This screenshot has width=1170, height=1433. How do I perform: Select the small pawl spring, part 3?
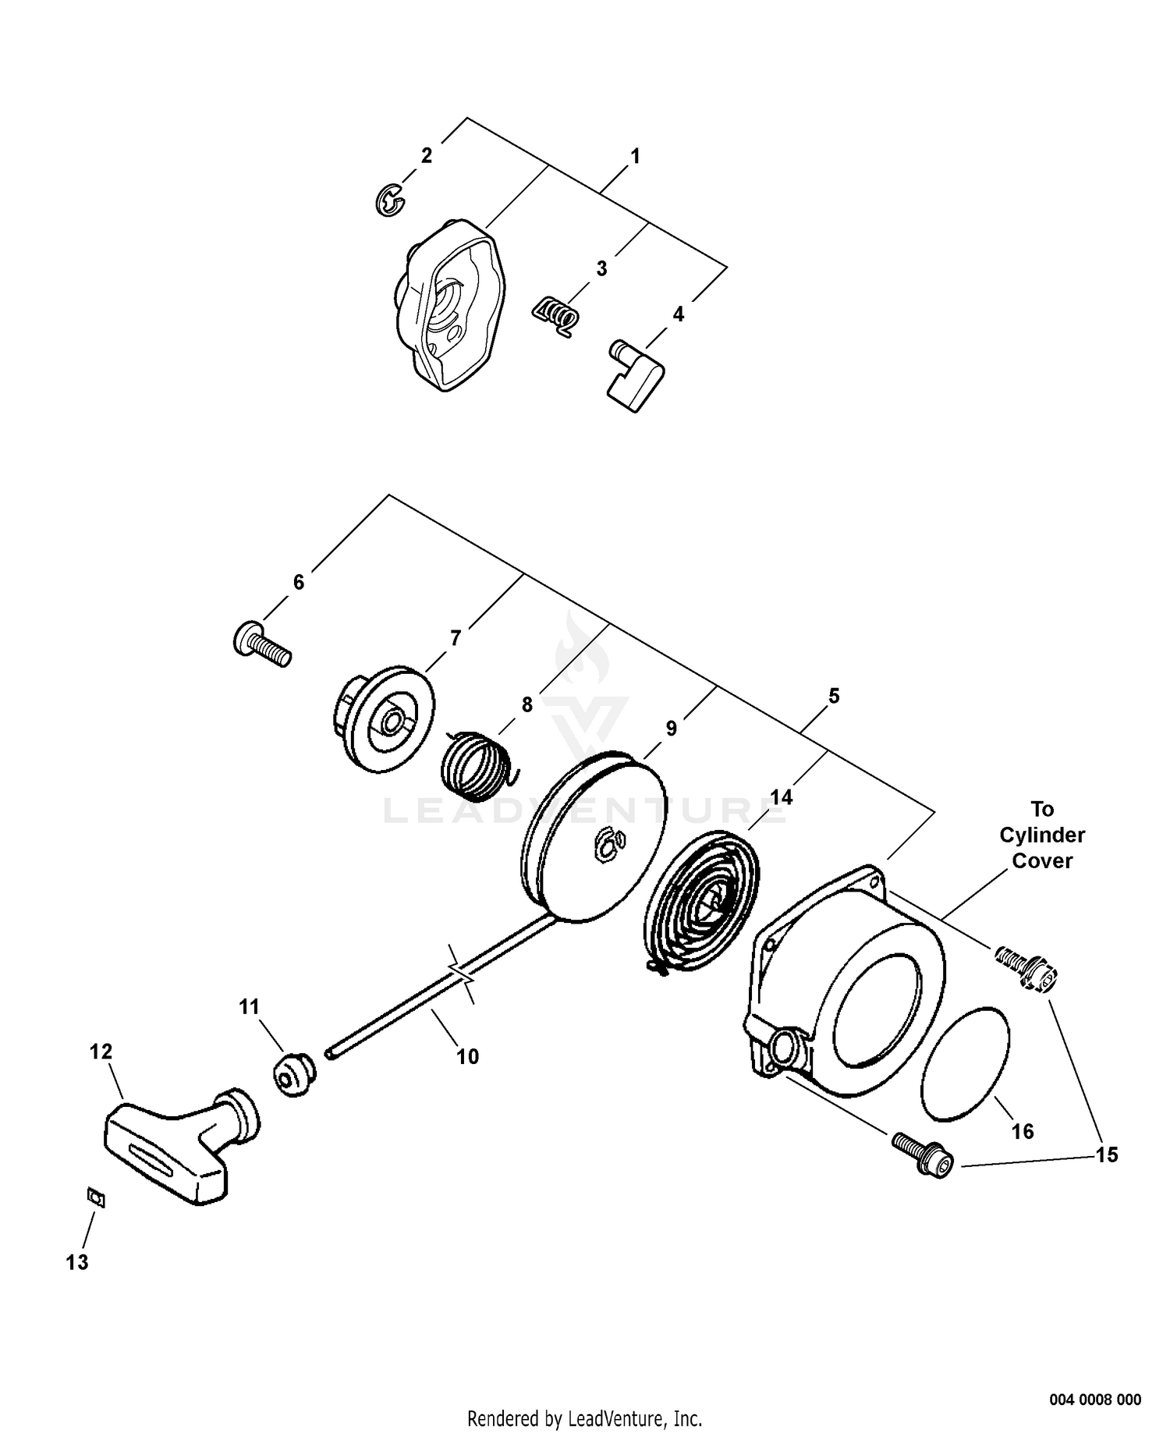click(x=555, y=317)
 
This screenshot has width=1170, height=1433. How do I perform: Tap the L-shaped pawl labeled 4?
click(x=633, y=375)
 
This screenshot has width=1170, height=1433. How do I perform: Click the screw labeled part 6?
click(x=262, y=645)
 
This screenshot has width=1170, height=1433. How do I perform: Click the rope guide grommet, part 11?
click(x=294, y=1074)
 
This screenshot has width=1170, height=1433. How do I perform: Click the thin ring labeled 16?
click(x=966, y=1064)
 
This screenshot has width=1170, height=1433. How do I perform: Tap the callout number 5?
click(x=834, y=696)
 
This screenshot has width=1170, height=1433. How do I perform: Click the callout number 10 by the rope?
click(x=467, y=1056)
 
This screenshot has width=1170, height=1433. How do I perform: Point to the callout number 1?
click(x=635, y=157)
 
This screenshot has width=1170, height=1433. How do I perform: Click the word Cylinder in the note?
click(x=1042, y=835)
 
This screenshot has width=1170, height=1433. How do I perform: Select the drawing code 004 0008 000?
click(x=1095, y=1378)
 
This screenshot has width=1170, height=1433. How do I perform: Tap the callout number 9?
click(x=672, y=729)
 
